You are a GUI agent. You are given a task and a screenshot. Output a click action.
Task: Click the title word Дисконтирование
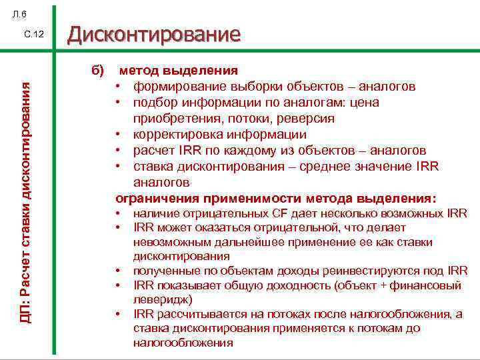[x=153, y=34]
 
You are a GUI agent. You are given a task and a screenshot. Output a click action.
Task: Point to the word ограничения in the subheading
[x=152, y=198]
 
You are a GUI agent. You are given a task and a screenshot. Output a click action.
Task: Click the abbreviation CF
[x=279, y=214]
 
